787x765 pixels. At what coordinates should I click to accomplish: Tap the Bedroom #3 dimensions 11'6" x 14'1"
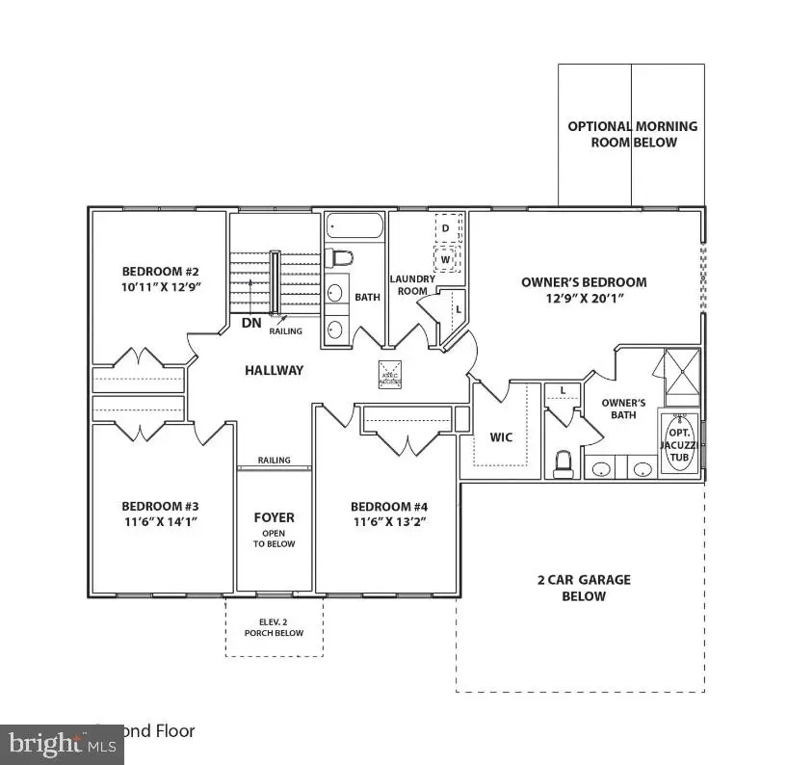coord(160,521)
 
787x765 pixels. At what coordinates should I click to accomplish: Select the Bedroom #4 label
coord(388,507)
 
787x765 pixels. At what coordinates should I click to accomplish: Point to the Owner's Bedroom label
coord(584,282)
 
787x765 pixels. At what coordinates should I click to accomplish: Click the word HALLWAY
coord(274,370)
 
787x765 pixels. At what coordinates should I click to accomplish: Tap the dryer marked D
coord(446,228)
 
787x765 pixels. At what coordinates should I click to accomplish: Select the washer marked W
coord(446,259)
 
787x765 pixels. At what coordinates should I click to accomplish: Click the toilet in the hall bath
coord(339,258)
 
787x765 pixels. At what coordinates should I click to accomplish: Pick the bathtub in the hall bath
coord(354,226)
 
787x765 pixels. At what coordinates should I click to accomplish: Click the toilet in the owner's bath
coord(564,462)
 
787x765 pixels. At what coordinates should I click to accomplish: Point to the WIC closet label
coord(502,437)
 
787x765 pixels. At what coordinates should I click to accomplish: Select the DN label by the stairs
coord(250,323)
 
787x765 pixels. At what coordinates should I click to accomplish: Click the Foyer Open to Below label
coord(275,529)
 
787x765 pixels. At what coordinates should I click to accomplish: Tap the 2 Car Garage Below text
coord(584,588)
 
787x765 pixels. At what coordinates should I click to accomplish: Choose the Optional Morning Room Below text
coord(632,134)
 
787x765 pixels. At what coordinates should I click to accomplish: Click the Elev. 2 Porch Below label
coord(274,627)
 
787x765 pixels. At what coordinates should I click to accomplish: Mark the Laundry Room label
coord(413,285)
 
